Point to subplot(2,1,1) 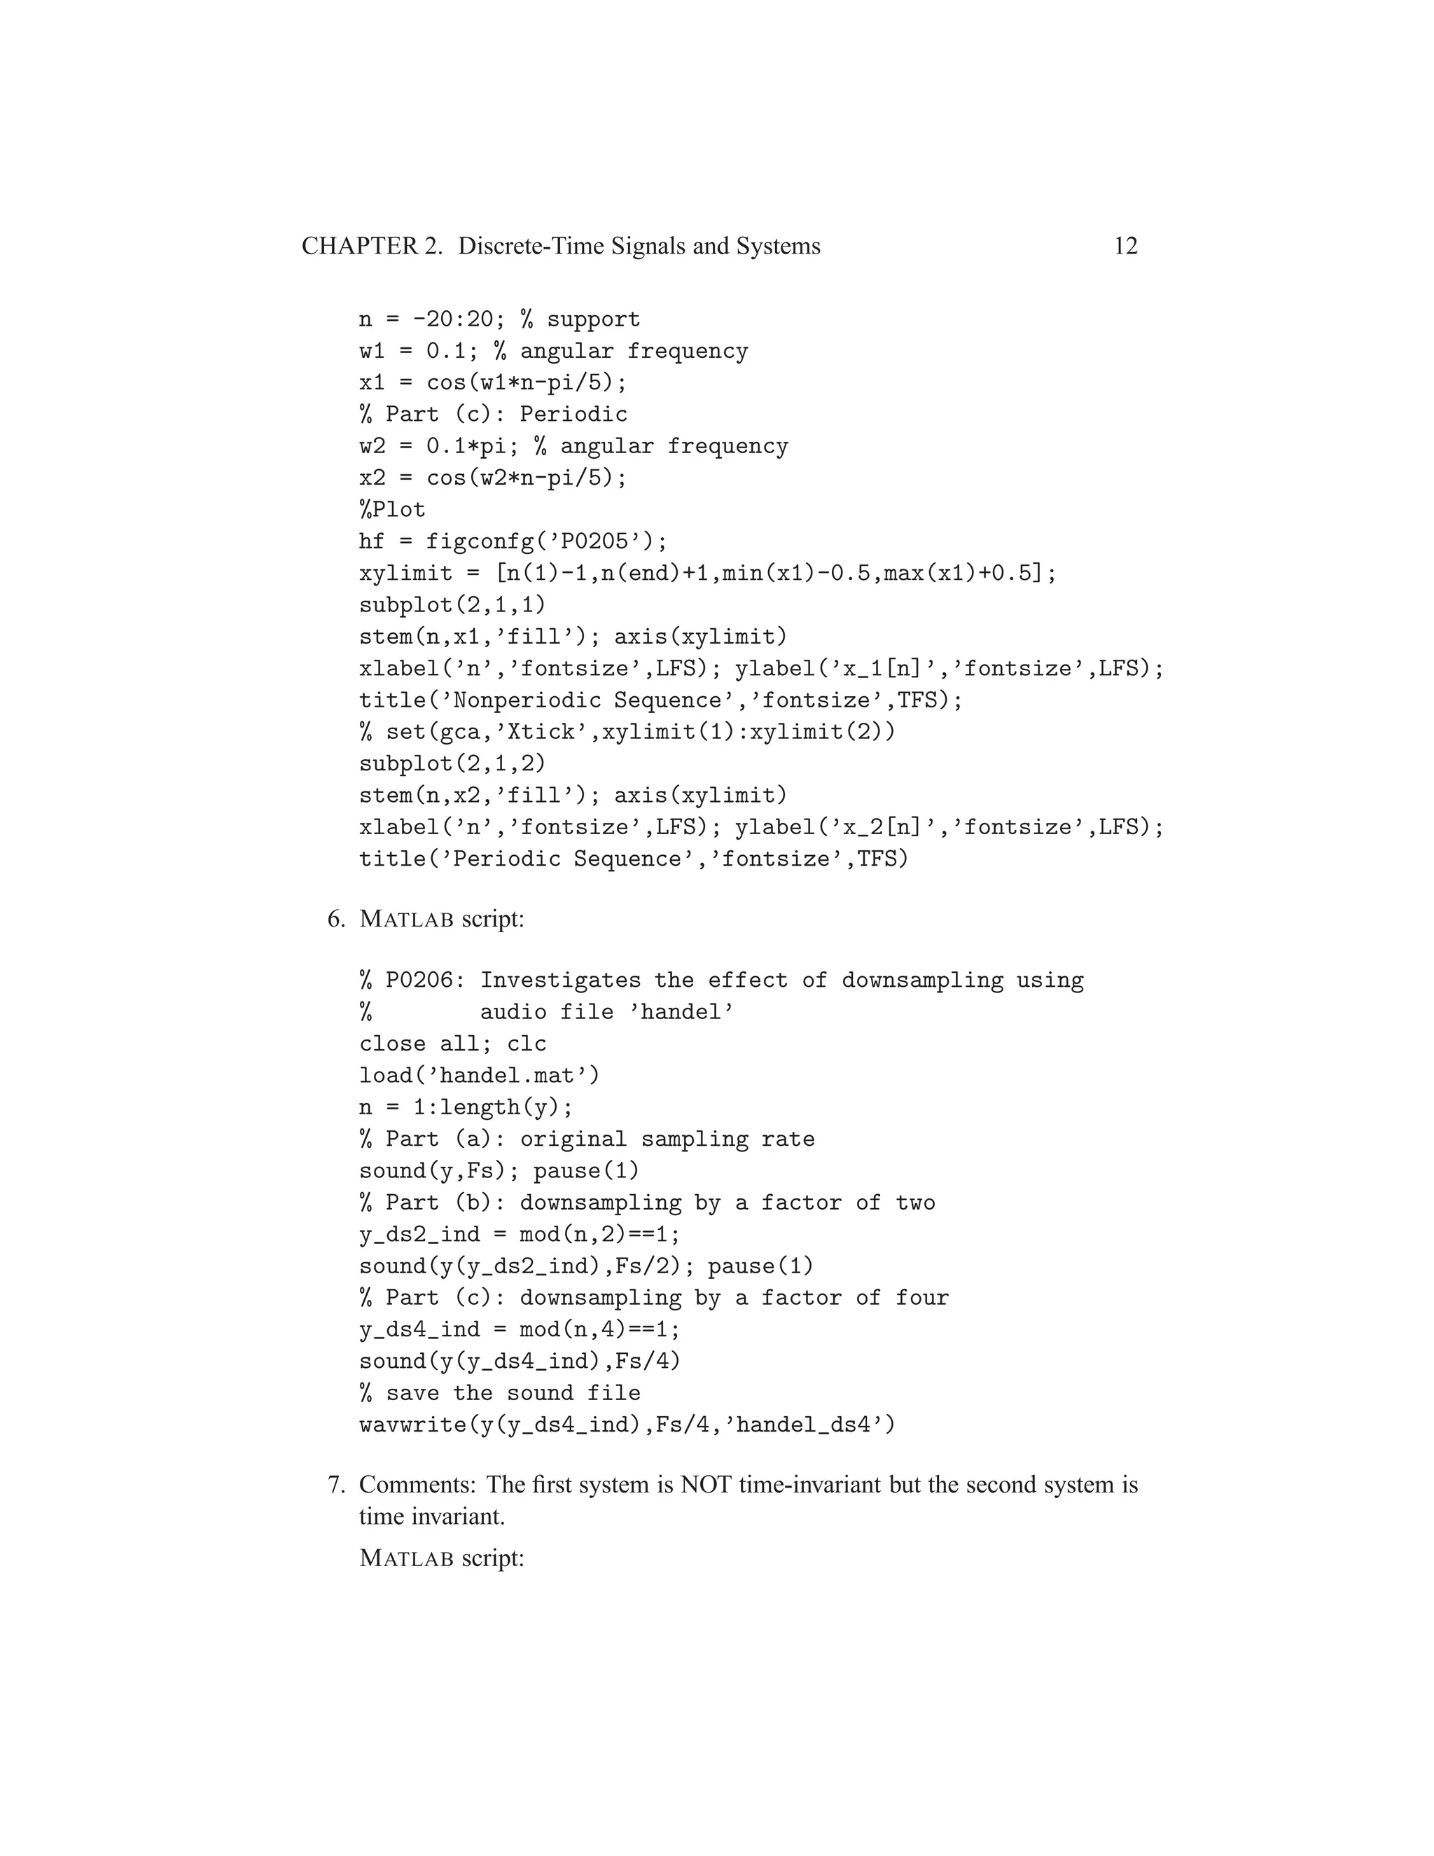click(452, 605)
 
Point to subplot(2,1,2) click(452, 763)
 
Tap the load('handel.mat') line click(479, 1076)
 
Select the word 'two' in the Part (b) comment click(915, 1203)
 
